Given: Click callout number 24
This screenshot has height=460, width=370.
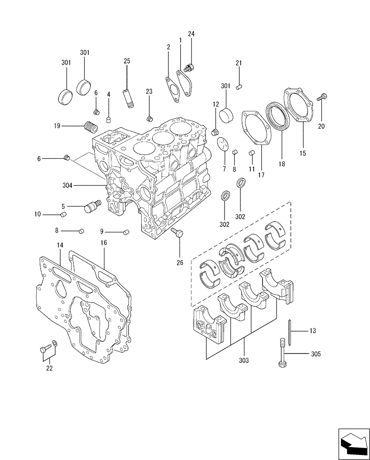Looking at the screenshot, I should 191,34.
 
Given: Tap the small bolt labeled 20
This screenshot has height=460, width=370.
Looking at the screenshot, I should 321,97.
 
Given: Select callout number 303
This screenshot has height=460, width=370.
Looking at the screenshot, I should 244,360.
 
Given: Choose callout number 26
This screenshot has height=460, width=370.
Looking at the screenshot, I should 179,262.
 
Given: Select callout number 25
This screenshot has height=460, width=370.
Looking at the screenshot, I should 127,61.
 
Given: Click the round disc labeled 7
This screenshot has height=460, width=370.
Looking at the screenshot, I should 223,144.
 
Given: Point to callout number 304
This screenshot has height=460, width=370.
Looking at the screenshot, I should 67,185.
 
